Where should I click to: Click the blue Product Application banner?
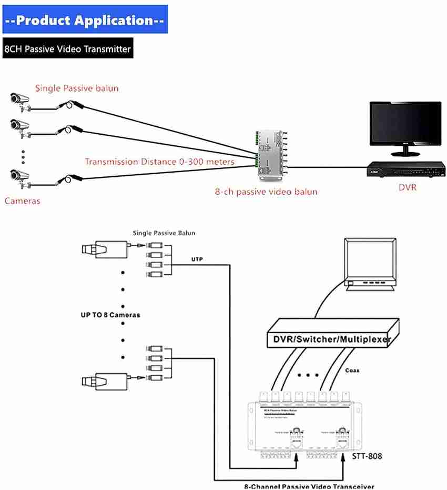[85, 20]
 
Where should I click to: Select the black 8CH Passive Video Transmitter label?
[67, 49]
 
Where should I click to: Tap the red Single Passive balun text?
[77, 88]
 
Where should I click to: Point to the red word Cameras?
[22, 201]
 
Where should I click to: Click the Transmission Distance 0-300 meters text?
[159, 162]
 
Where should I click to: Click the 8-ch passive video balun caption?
[266, 192]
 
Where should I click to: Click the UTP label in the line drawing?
[197, 259]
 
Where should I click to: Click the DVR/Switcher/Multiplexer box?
[331, 339]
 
